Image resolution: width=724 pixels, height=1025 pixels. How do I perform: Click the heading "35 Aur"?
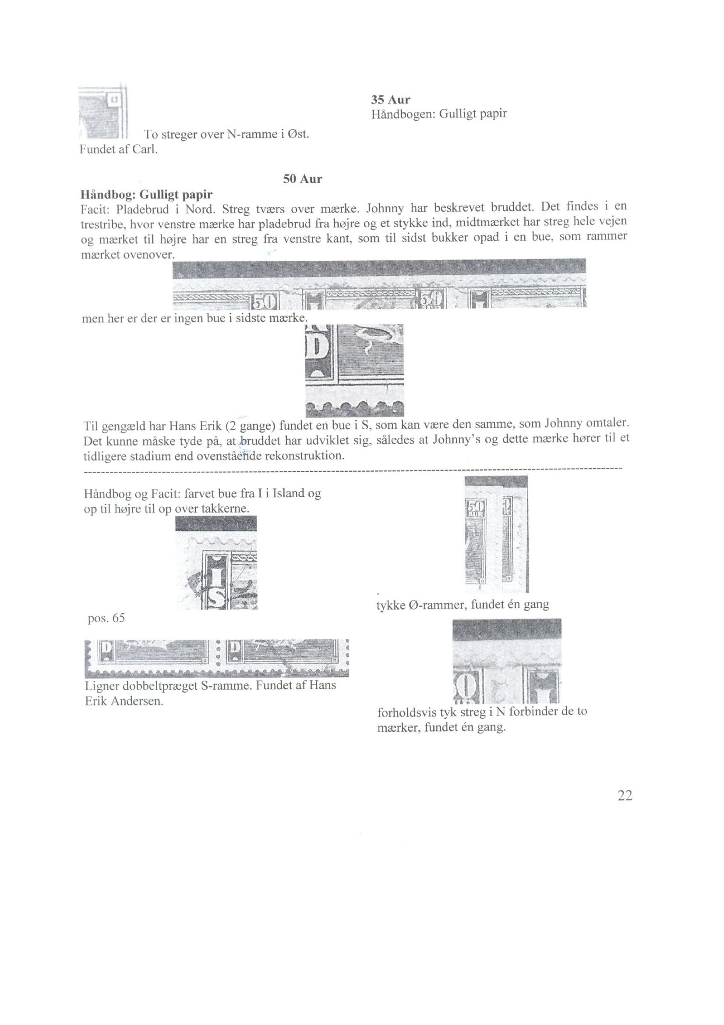coord(390,100)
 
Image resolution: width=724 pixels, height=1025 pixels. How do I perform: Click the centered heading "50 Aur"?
coord(303,179)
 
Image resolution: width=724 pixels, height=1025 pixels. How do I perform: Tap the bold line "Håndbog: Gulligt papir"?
coord(146,195)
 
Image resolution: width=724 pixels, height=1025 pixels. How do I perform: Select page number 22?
coord(625,795)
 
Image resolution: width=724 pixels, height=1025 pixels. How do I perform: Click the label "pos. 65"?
coord(106,618)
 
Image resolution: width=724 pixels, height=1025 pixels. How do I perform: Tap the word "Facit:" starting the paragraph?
coord(95,209)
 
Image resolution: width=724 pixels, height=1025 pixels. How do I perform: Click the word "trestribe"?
coord(103,224)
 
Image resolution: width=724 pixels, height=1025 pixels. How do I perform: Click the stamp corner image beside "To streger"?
coord(103,112)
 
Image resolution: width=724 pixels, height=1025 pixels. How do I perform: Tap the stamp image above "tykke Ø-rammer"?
coord(496,534)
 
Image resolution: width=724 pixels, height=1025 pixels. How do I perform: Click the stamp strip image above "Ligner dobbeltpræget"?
coord(217,658)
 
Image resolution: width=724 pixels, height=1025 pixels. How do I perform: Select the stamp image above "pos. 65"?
coord(216,562)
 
